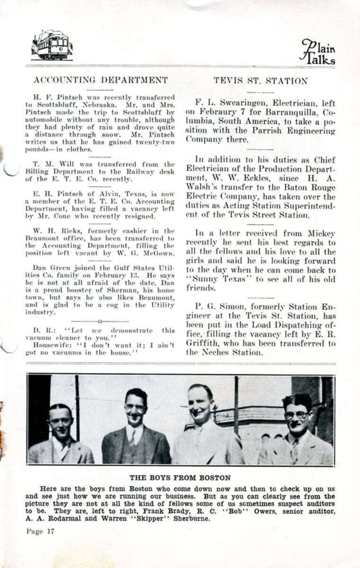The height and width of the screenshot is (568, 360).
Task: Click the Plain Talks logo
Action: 318,52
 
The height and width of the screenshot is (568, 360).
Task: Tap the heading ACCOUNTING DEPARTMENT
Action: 100,80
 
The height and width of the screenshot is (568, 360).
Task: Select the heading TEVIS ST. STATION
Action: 260,81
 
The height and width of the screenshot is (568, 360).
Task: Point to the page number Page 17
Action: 40,531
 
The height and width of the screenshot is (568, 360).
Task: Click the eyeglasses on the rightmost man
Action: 297,415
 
